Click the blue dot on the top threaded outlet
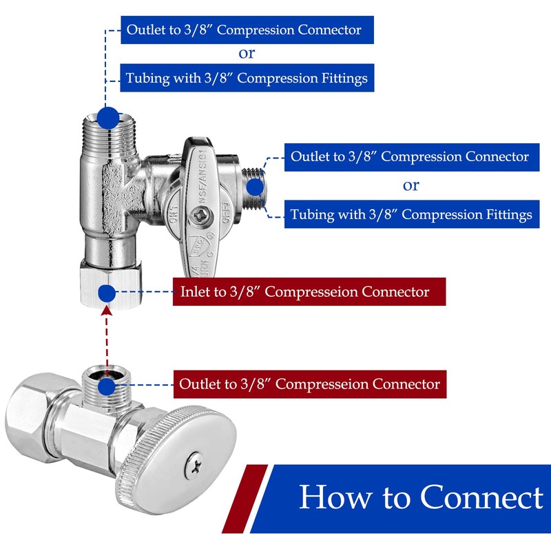point(107,118)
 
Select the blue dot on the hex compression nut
point(106,293)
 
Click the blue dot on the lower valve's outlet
point(106,383)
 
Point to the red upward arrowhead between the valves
point(106,312)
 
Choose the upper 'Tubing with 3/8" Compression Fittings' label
point(247,78)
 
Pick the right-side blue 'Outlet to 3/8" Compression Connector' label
point(410,156)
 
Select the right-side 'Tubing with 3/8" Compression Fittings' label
point(411,214)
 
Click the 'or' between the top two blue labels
point(247,54)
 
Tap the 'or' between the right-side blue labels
point(410,185)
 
